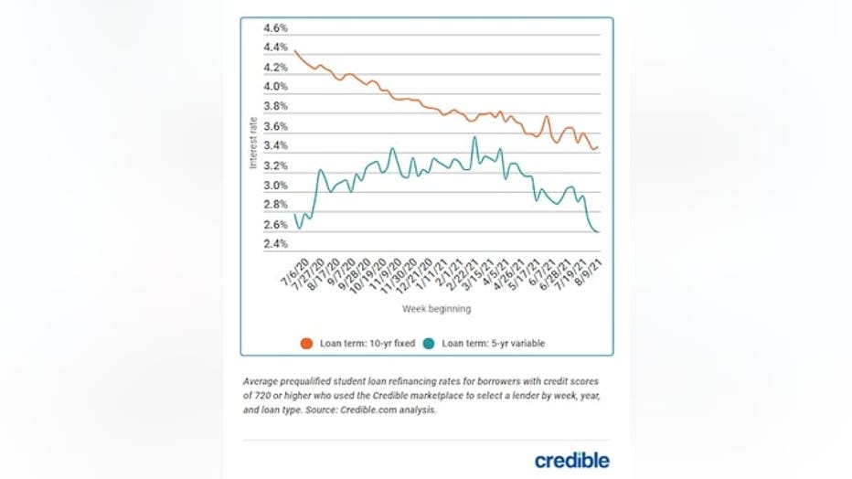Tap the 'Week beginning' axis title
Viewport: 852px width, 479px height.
[436, 309]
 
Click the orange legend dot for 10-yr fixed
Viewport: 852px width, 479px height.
[307, 344]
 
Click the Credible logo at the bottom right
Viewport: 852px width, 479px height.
[572, 460]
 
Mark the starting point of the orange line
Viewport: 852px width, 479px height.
[294, 50]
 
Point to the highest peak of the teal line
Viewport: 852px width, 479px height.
[474, 137]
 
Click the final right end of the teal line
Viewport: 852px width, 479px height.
[599, 232]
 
